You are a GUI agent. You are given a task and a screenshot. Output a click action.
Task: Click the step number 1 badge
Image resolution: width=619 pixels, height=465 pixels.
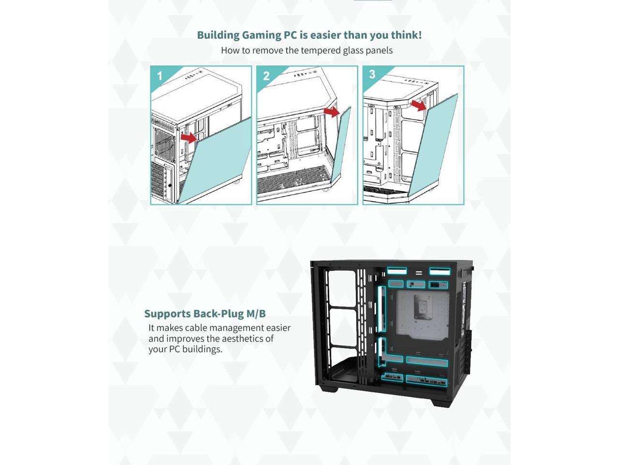coord(160,76)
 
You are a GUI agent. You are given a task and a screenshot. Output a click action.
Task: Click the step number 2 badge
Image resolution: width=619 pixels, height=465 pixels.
coord(266,76)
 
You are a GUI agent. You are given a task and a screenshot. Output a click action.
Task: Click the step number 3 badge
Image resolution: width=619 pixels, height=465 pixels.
coord(372,74)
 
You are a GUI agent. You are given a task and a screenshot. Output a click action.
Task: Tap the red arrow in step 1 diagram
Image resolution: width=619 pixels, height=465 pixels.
coord(189,138)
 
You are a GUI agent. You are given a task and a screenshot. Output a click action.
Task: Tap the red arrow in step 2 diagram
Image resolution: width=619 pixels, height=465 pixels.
coord(332,112)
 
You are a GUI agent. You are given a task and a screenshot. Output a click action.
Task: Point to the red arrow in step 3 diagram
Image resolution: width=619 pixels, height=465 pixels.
coord(418,105)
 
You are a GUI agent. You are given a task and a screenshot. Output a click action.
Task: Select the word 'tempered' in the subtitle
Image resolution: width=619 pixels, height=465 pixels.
coord(320,50)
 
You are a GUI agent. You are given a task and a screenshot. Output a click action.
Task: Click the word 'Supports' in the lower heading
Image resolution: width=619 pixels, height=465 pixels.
coord(167,314)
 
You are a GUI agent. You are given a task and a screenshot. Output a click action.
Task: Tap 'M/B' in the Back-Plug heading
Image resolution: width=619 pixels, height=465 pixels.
coord(256,314)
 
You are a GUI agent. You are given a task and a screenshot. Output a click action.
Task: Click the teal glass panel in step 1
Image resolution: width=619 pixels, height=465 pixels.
coord(220,160)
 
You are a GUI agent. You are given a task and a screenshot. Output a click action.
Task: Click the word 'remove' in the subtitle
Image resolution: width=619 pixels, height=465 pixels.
coord(267,50)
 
